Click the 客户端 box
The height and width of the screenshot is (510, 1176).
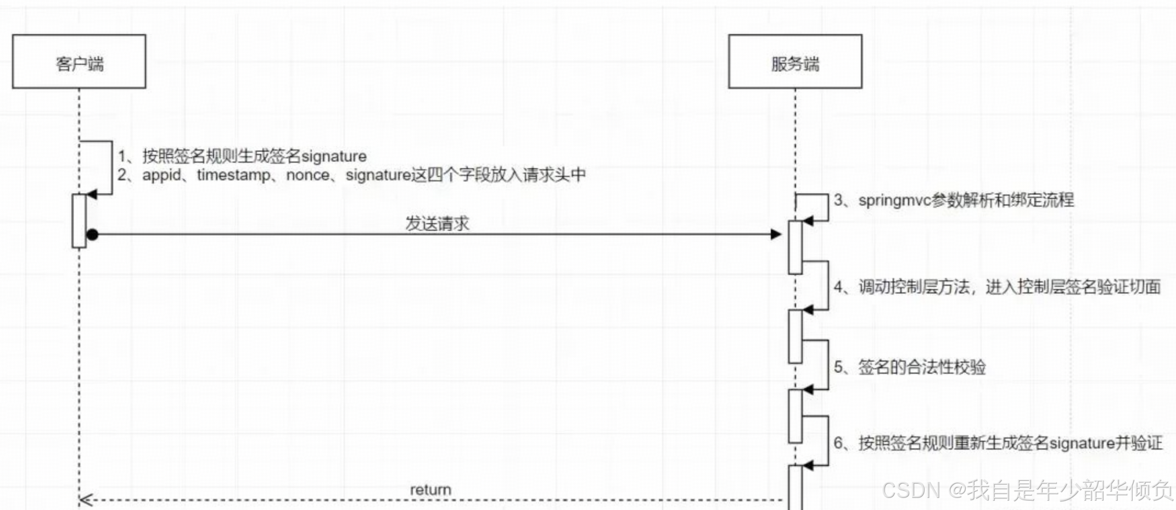tap(79, 62)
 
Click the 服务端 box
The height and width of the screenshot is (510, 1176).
tap(795, 62)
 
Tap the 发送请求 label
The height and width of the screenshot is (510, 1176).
tap(437, 224)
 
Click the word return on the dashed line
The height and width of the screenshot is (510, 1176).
tap(430, 490)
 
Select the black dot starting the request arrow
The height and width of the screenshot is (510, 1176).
tap(92, 235)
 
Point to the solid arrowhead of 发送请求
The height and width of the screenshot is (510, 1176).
tap(776, 235)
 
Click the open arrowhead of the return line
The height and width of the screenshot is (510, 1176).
tap(85, 500)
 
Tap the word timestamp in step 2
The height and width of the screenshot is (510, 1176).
tap(233, 175)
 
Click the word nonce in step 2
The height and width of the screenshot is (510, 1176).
tap(308, 175)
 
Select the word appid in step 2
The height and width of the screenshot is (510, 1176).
tap(161, 175)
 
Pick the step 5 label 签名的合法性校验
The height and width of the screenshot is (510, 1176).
tap(922, 367)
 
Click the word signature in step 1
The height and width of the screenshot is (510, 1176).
tap(333, 157)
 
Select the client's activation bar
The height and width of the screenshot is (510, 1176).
tap(79, 220)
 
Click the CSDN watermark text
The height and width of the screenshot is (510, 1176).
tap(1027, 490)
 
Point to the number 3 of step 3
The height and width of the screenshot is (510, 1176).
tap(838, 201)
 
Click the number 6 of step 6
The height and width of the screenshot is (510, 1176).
tap(838, 443)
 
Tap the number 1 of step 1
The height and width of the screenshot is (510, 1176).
tap(122, 157)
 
